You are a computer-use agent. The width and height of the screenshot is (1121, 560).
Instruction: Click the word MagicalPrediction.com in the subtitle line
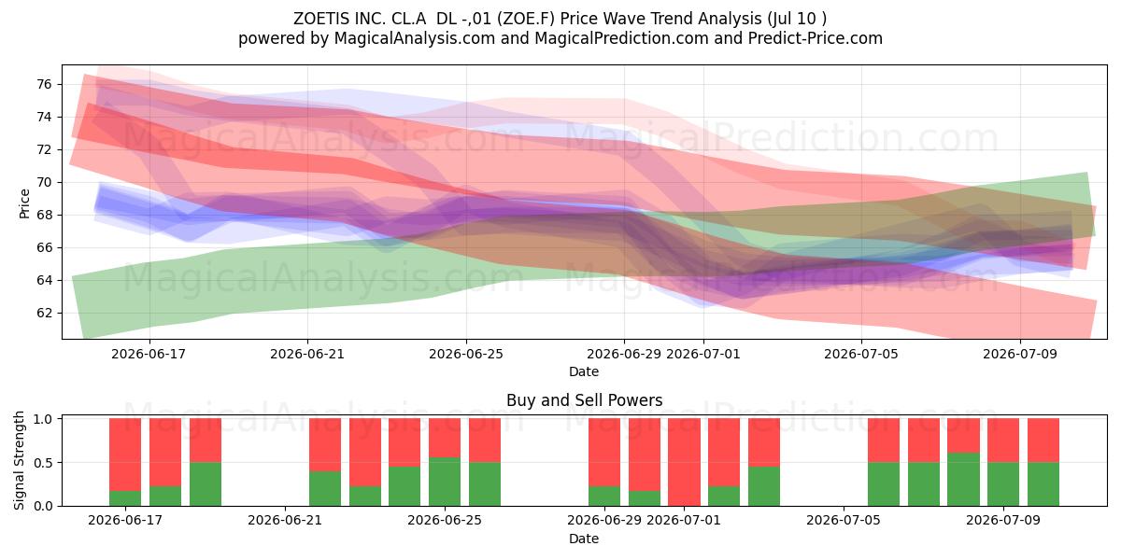[x=621, y=38]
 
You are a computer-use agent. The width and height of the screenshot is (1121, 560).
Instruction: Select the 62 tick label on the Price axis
[x=45, y=313]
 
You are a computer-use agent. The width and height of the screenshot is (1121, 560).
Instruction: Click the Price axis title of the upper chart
[x=24, y=203]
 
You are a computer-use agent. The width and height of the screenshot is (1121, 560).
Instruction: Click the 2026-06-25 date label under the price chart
[x=466, y=354]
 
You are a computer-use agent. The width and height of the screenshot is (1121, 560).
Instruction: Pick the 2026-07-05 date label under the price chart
[x=861, y=354]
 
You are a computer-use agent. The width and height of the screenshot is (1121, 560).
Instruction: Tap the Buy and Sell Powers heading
[x=584, y=400]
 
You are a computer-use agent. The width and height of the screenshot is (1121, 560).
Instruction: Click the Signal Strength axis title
[x=19, y=460]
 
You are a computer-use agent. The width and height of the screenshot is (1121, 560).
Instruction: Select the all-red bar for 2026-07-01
[x=684, y=462]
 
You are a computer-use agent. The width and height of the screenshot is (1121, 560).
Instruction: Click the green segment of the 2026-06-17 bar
[x=125, y=498]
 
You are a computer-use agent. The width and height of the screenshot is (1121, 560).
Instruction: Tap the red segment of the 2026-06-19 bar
[x=206, y=441]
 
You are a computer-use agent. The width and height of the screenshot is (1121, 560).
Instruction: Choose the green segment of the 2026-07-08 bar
[x=963, y=480]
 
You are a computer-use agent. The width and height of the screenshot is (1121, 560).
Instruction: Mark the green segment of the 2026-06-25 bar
[x=445, y=482]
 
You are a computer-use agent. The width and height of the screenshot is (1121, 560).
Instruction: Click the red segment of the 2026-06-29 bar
[x=604, y=453]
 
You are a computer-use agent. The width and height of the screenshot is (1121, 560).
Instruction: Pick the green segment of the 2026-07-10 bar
[x=1043, y=484]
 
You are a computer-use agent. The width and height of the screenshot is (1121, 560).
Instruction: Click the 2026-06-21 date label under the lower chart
[x=285, y=520]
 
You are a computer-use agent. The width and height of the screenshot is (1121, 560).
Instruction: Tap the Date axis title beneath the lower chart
[x=584, y=539]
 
